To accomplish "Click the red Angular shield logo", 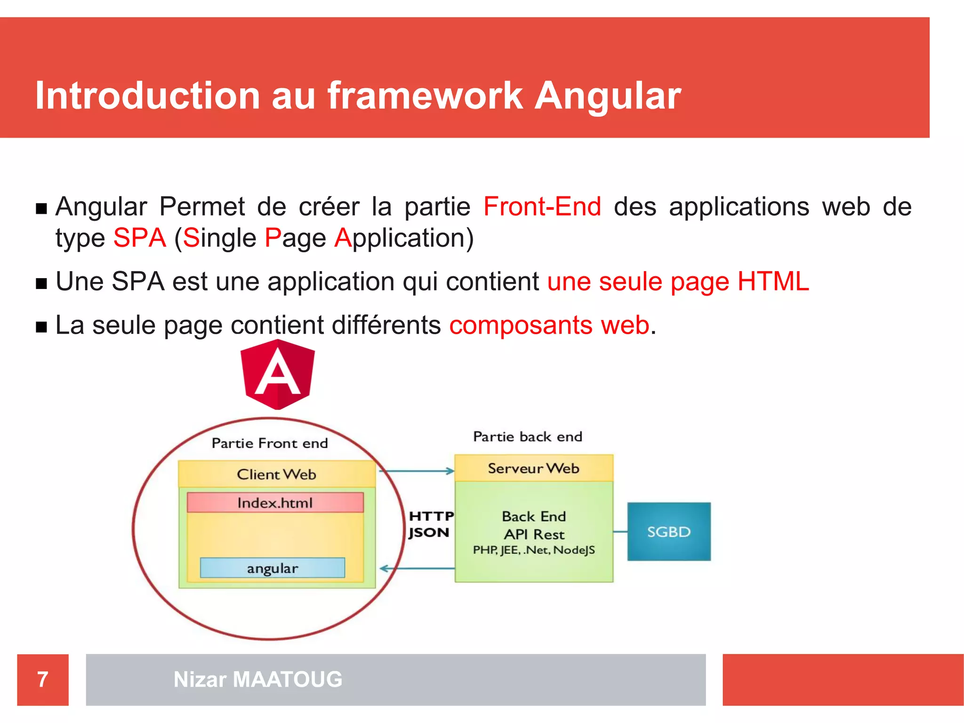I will pyautogui.click(x=277, y=375).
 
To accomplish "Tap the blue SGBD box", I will pyautogui.click(x=668, y=531).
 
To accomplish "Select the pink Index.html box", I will pyautogui.click(x=275, y=503).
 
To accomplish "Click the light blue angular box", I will pyautogui.click(x=272, y=568).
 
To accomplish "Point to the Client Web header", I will pyautogui.click(x=277, y=474).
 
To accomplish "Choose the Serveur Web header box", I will pyautogui.click(x=533, y=468).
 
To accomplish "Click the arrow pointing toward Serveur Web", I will pyautogui.click(x=416, y=471).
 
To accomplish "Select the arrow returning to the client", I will pyautogui.click(x=416, y=569).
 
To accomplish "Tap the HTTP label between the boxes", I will pyautogui.click(x=431, y=516).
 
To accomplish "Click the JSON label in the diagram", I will pyautogui.click(x=429, y=533).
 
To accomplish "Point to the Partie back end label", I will pyautogui.click(x=527, y=437).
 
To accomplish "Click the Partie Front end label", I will pyautogui.click(x=270, y=443).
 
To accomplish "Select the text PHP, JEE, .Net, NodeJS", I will pyautogui.click(x=534, y=550).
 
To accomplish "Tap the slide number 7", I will pyautogui.click(x=43, y=680).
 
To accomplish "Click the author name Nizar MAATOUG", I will pyautogui.click(x=258, y=680).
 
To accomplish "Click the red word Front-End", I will pyautogui.click(x=542, y=207).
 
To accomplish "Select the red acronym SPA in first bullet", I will pyautogui.click(x=139, y=238).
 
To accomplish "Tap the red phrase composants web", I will pyautogui.click(x=549, y=325).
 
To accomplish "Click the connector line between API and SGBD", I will pyautogui.click(x=620, y=532).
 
